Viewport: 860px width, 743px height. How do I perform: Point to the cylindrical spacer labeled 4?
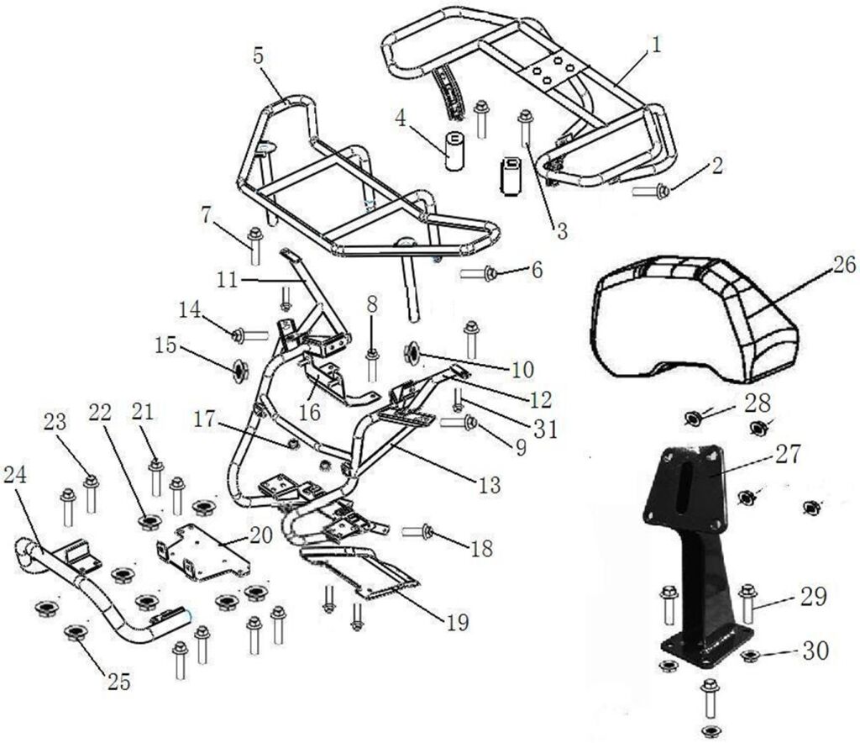click(x=454, y=149)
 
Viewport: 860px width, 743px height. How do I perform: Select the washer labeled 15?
click(x=239, y=367)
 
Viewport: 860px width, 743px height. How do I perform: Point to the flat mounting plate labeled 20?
click(x=202, y=552)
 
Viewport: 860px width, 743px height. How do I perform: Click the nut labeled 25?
click(x=76, y=632)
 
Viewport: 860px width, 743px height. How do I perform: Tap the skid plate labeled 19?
click(x=360, y=572)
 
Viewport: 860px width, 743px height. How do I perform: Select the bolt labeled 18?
click(x=418, y=531)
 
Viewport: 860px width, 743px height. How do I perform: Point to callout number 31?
click(x=547, y=429)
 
